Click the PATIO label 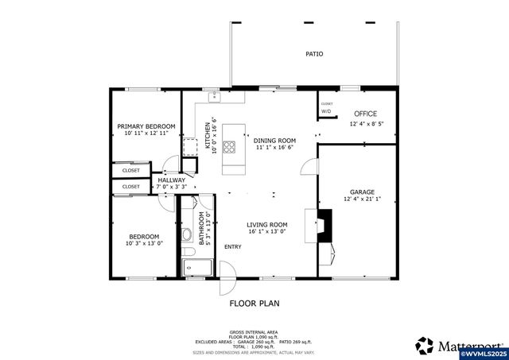pyautogui.click(x=315, y=54)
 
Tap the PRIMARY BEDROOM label pyautogui.click(x=146, y=126)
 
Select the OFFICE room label pyautogui.click(x=366, y=114)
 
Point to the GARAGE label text pyautogui.click(x=362, y=192)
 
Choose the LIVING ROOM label pyautogui.click(x=267, y=225)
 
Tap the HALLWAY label pyautogui.click(x=172, y=180)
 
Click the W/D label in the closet pyautogui.click(x=326, y=111)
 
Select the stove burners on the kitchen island pyautogui.click(x=229, y=146)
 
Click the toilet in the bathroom pyautogui.click(x=185, y=234)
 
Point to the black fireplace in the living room pyautogui.click(x=324, y=225)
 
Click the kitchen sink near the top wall pyautogui.click(x=215, y=97)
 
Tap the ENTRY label pyautogui.click(x=233, y=246)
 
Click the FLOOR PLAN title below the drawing pyautogui.click(x=254, y=303)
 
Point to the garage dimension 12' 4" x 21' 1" pyautogui.click(x=362, y=199)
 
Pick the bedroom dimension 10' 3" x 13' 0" pyautogui.click(x=144, y=244)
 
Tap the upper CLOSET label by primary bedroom pyautogui.click(x=131, y=170)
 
